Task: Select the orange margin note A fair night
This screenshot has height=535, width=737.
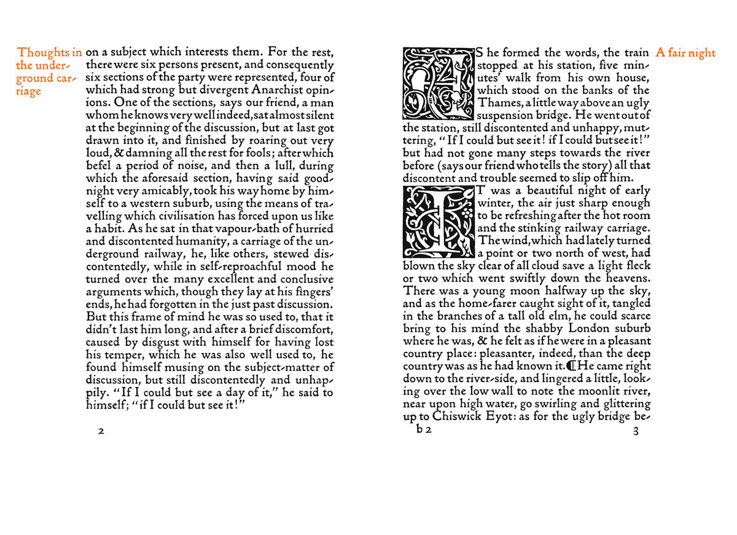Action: [x=685, y=53]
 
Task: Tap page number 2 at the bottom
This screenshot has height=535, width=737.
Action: [x=101, y=431]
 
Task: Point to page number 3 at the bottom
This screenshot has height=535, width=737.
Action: [x=636, y=431]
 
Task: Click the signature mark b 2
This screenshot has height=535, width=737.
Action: [x=424, y=431]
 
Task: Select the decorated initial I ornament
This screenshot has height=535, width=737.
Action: [x=439, y=222]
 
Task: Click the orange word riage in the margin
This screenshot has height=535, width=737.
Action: [x=29, y=92]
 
